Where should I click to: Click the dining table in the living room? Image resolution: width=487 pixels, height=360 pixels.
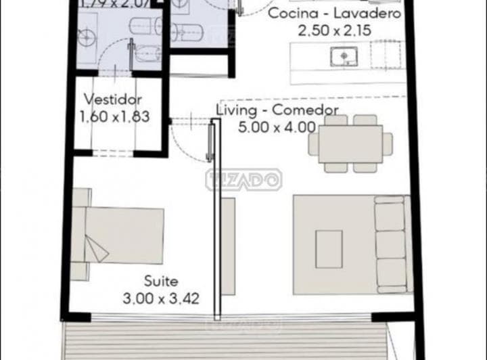pos(351,143)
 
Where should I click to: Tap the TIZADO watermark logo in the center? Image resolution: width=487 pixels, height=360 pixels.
pos(243,179)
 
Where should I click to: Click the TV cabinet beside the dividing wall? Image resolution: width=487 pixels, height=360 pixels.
pos(229,246)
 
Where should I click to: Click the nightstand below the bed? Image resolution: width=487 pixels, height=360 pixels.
pos(80,271)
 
